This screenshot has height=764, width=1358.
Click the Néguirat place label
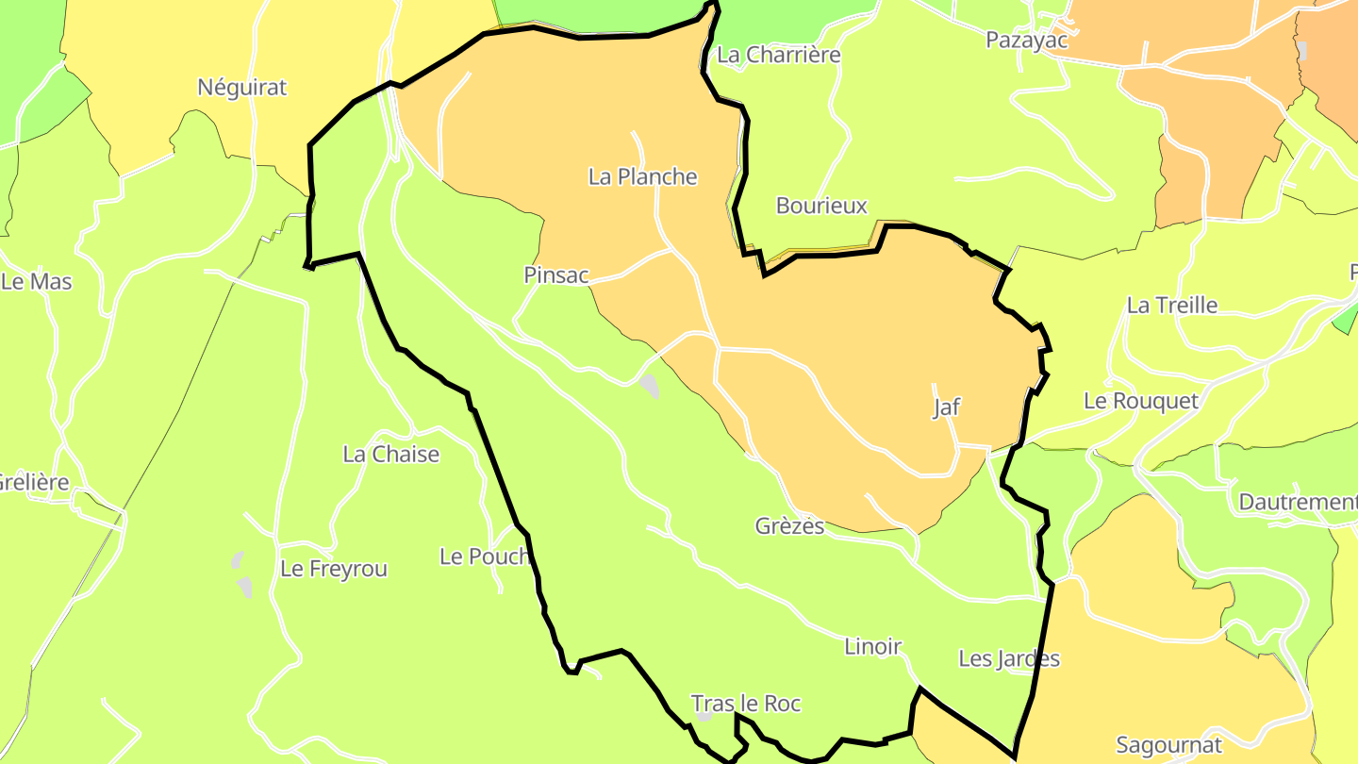tap(241, 88)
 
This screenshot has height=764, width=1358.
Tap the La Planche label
tap(642, 176)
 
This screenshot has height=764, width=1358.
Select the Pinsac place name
tap(556, 275)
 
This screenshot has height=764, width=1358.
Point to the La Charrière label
tap(778, 55)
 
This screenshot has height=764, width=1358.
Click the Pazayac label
tap(1027, 40)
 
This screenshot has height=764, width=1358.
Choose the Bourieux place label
tap(821, 206)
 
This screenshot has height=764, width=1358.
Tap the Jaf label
tap(946, 407)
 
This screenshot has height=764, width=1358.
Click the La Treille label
tap(1172, 306)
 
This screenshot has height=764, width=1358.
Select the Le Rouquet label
tap(1141, 401)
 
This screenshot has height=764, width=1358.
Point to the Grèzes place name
tap(789, 526)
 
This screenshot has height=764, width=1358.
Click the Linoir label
tap(872, 647)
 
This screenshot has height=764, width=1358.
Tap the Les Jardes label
tap(1009, 659)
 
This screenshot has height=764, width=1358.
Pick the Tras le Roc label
tap(746, 704)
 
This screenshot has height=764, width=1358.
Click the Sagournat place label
tap(1169, 745)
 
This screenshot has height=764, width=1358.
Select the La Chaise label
tap(390, 455)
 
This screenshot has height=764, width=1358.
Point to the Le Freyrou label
tap(334, 570)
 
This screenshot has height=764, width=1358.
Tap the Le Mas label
tap(36, 281)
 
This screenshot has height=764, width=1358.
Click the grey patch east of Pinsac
tap(649, 385)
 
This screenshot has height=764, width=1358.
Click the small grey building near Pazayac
tap(1302, 50)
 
